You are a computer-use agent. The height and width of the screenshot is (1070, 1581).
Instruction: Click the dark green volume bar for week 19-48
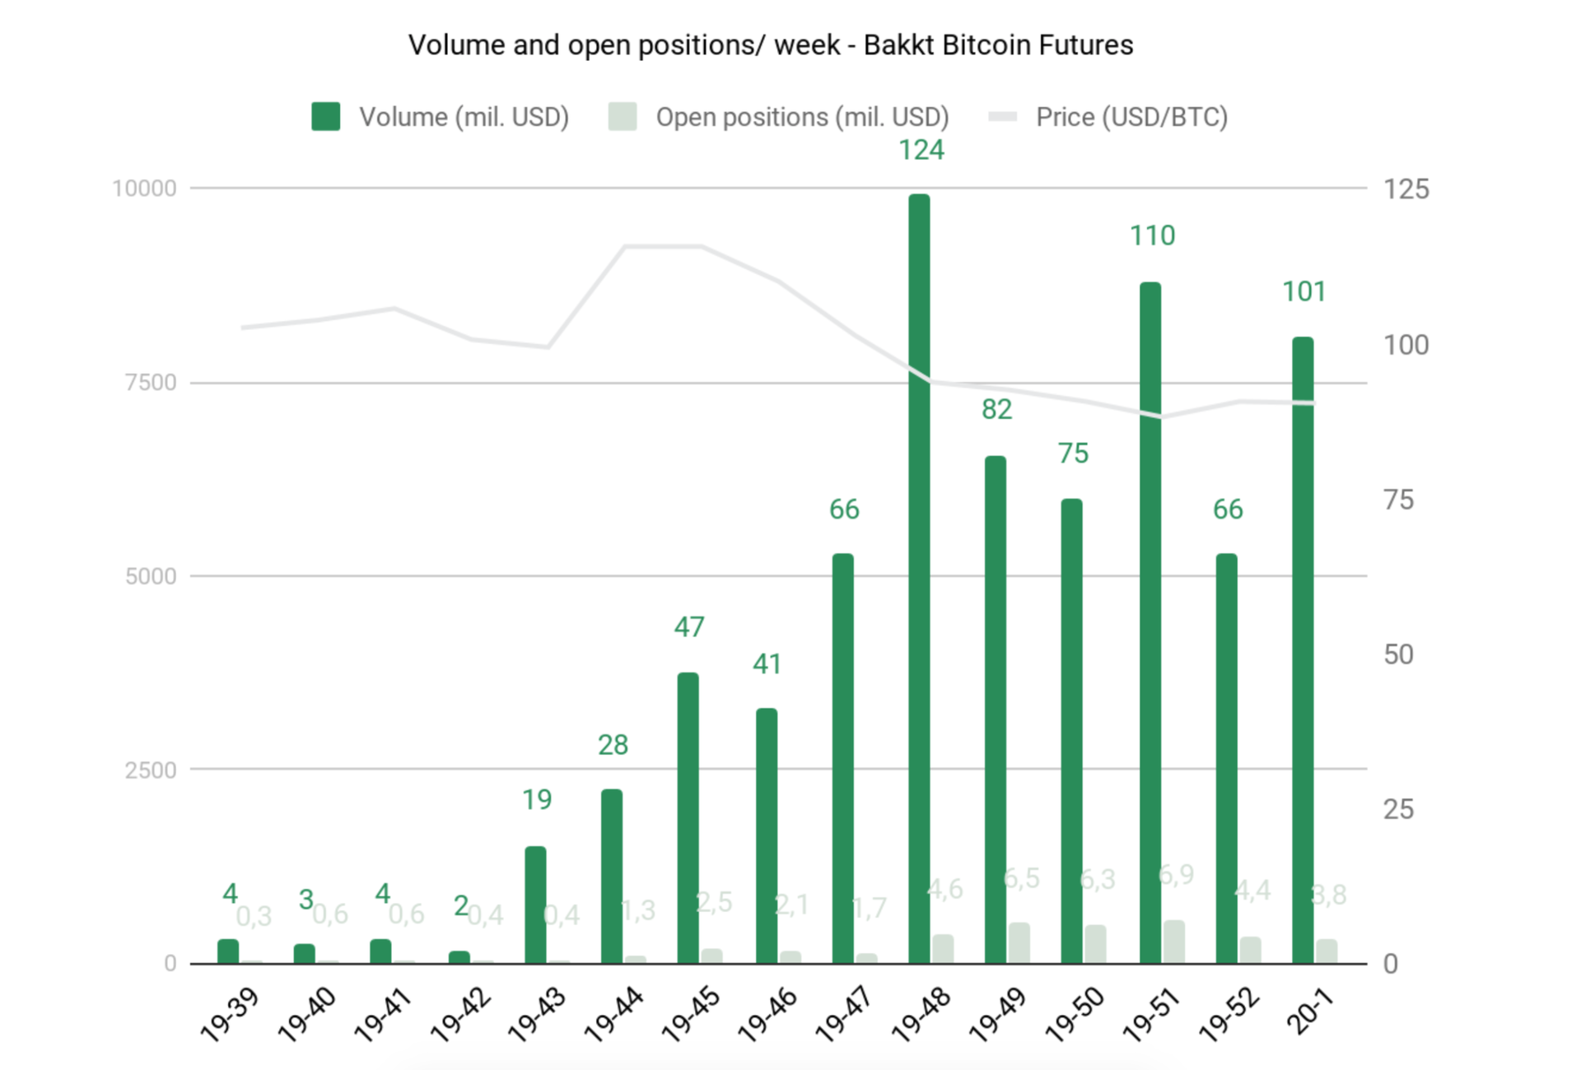[x=919, y=576]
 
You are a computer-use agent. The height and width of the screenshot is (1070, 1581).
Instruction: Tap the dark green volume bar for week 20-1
[x=1303, y=650]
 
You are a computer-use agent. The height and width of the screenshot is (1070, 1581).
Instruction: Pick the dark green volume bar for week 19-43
[x=535, y=905]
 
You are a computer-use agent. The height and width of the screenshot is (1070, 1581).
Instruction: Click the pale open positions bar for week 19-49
[x=1019, y=943]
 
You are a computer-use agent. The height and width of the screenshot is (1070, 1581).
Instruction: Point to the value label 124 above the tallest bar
[x=921, y=151]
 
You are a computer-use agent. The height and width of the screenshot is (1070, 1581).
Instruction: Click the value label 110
[x=1152, y=236]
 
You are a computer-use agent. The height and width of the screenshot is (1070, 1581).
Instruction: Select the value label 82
[x=996, y=410]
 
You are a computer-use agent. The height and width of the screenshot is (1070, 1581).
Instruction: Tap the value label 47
[x=689, y=627]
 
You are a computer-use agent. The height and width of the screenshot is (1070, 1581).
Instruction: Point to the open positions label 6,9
[x=1176, y=875]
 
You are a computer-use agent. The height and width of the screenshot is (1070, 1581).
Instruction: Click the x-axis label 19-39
[x=230, y=1014]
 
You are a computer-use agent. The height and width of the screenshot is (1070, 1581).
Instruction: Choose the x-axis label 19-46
[x=767, y=1014]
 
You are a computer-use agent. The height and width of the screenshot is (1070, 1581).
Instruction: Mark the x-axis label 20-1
[x=1309, y=1011]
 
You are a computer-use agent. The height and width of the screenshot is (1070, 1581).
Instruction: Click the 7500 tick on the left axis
[x=151, y=383]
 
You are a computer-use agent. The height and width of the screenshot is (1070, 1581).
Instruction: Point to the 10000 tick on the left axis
[x=145, y=188]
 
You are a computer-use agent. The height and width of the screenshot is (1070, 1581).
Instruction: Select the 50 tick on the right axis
[x=1398, y=654]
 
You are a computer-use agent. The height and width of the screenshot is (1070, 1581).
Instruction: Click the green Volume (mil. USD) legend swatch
[x=326, y=117]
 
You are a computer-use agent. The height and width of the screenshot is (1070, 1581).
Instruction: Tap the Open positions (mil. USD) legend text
[x=802, y=117]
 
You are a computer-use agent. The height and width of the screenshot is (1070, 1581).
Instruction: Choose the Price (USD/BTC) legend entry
[x=1131, y=117]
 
